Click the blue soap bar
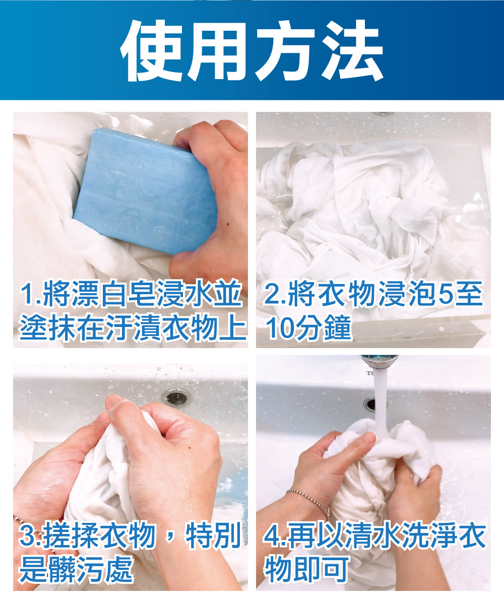tap(145, 191)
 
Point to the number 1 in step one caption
tap(27, 294)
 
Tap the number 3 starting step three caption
tap(26, 535)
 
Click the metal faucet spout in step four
tap(380, 361)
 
